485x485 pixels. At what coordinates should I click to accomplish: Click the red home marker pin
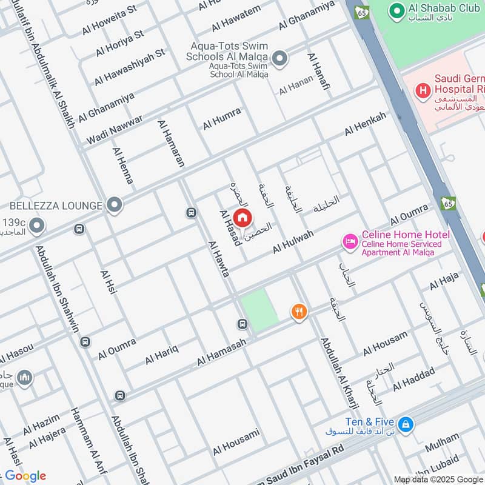tap(242, 217)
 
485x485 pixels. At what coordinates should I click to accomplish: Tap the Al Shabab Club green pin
tap(396, 11)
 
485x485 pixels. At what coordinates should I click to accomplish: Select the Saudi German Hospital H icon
tap(422, 92)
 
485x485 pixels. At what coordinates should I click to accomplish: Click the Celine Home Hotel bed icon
tap(350, 242)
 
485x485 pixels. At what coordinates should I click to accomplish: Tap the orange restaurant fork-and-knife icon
tap(298, 312)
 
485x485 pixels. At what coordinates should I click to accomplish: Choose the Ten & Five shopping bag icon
tap(406, 424)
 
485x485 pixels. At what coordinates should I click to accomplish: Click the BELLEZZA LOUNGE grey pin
tap(114, 205)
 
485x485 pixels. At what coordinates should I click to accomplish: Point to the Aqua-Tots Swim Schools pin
tap(279, 59)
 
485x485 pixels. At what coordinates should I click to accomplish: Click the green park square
tap(259, 310)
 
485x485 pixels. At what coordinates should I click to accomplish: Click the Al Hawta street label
tap(218, 259)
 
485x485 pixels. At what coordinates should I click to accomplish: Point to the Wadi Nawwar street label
tap(115, 129)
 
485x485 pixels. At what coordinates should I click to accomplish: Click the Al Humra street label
tap(222, 118)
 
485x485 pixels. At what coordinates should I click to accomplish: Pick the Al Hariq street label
tap(161, 355)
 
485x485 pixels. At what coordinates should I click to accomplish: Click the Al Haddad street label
tap(413, 379)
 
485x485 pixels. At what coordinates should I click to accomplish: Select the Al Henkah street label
tap(365, 124)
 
